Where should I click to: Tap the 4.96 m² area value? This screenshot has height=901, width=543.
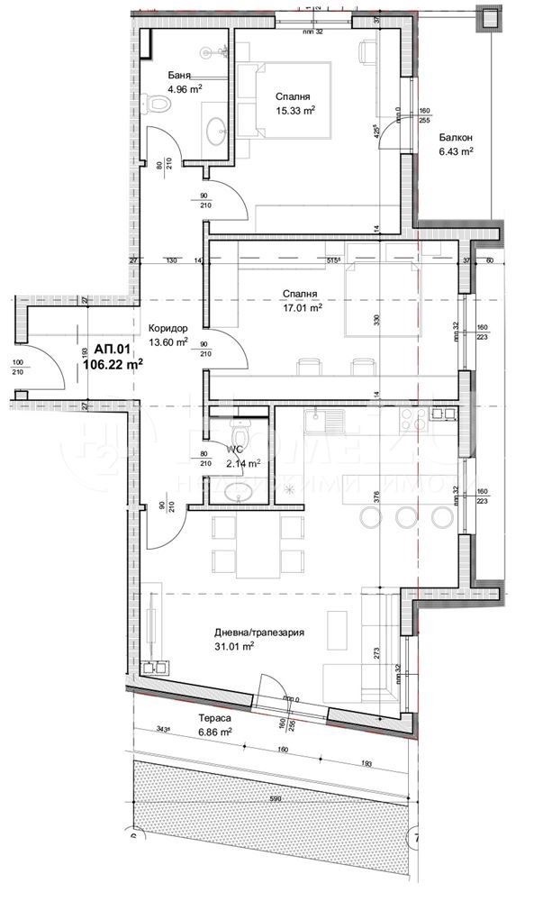[185, 89]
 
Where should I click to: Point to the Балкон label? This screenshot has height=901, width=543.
[455, 138]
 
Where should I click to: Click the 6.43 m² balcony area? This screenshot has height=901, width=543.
[456, 152]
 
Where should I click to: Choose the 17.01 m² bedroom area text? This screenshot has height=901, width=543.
[303, 306]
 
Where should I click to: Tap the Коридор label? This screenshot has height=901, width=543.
[167, 329]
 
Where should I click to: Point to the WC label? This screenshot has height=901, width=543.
[236, 450]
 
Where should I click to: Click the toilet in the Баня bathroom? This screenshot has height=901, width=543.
[159, 107]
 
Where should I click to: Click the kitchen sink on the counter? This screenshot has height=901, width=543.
[321, 418]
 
